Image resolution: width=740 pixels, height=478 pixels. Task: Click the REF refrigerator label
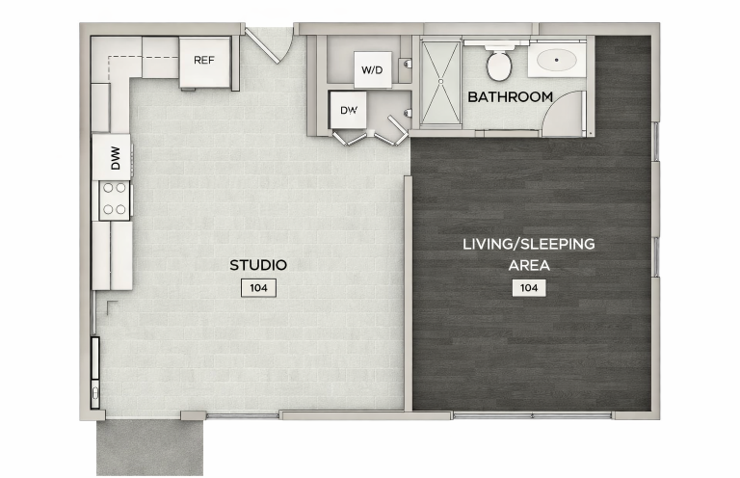pos(204,61)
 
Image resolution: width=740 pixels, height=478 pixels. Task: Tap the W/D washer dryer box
pos(372,69)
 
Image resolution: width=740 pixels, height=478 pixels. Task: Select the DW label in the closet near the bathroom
pos(349,111)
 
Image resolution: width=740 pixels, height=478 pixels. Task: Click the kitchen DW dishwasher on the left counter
pos(112,158)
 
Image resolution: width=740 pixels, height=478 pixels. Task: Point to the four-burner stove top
pos(115,199)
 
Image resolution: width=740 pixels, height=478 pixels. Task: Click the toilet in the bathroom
pos(499,63)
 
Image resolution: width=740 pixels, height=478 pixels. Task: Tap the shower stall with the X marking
pos(440,84)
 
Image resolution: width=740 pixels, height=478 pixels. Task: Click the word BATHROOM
pos(510,97)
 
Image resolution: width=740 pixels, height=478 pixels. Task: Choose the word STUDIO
pos(258,265)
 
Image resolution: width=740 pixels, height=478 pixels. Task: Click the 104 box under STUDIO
pos(258,288)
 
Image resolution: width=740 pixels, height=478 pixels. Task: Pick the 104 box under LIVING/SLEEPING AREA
pos(529,288)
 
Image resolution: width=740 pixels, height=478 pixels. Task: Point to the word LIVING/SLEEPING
pos(529,245)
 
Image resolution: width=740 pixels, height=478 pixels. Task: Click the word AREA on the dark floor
pos(529,266)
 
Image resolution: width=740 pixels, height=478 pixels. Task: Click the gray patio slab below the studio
pos(150,448)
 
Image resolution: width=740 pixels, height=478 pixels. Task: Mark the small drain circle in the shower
pos(440,82)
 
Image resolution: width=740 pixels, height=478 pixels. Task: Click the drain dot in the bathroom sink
pos(557,61)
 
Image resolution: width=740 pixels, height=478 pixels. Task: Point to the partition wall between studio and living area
pos(409,294)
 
